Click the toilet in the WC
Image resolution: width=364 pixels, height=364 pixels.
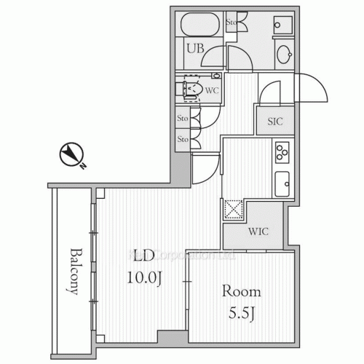pos(191,90)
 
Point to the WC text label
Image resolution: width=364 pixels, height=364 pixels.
pos(212,91)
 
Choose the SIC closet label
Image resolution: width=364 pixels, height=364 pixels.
pos(274,122)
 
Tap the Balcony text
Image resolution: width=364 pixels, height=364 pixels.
pos(74,271)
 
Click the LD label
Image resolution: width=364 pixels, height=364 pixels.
pos(142,256)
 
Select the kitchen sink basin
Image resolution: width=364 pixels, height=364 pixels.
pos(282,183)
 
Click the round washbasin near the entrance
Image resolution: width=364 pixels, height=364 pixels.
pos(283,55)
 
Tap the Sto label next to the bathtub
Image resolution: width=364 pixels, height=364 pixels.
pos(232,22)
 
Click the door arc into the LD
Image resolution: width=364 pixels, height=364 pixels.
pos(204,171)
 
